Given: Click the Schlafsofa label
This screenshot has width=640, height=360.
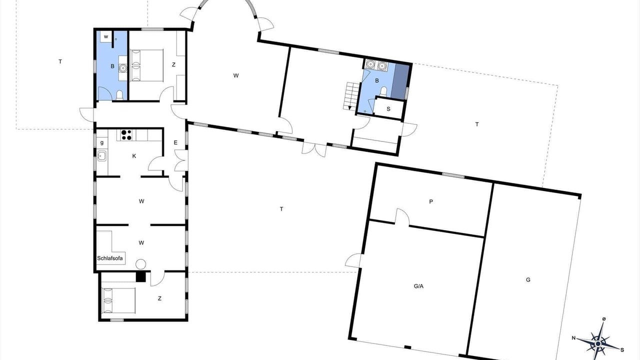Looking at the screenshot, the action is click(110, 258).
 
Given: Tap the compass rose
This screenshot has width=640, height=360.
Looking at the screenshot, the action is click(598, 343).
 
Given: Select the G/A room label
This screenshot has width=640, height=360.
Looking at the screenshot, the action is click(418, 286).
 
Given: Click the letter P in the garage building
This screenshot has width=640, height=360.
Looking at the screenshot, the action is click(431, 201).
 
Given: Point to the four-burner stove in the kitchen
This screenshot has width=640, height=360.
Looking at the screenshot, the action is click(126, 135).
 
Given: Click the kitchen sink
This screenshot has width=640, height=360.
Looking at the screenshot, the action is click(102, 156).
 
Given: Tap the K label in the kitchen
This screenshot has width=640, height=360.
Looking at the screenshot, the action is click(134, 156).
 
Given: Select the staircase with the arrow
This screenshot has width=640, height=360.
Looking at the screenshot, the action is click(350, 96).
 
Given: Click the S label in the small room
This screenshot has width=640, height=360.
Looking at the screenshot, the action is click(388, 109).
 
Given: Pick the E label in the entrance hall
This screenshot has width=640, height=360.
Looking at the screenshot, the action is click(175, 142).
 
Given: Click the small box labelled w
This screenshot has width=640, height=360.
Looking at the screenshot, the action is click(106, 36).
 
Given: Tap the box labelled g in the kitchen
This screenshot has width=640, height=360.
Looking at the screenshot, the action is click(102, 142).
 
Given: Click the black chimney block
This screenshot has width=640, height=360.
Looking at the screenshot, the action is click(141, 276).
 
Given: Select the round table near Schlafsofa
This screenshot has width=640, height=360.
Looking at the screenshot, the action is click(140, 264).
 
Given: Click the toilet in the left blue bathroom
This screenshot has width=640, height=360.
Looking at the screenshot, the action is click(119, 95).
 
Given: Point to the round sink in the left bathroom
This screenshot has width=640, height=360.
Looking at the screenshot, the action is click(123, 68).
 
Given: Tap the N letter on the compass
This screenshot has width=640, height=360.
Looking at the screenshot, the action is click(573, 338).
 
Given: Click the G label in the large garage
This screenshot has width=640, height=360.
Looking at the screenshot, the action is click(528, 280).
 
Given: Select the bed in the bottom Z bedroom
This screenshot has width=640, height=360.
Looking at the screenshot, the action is click(118, 300).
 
